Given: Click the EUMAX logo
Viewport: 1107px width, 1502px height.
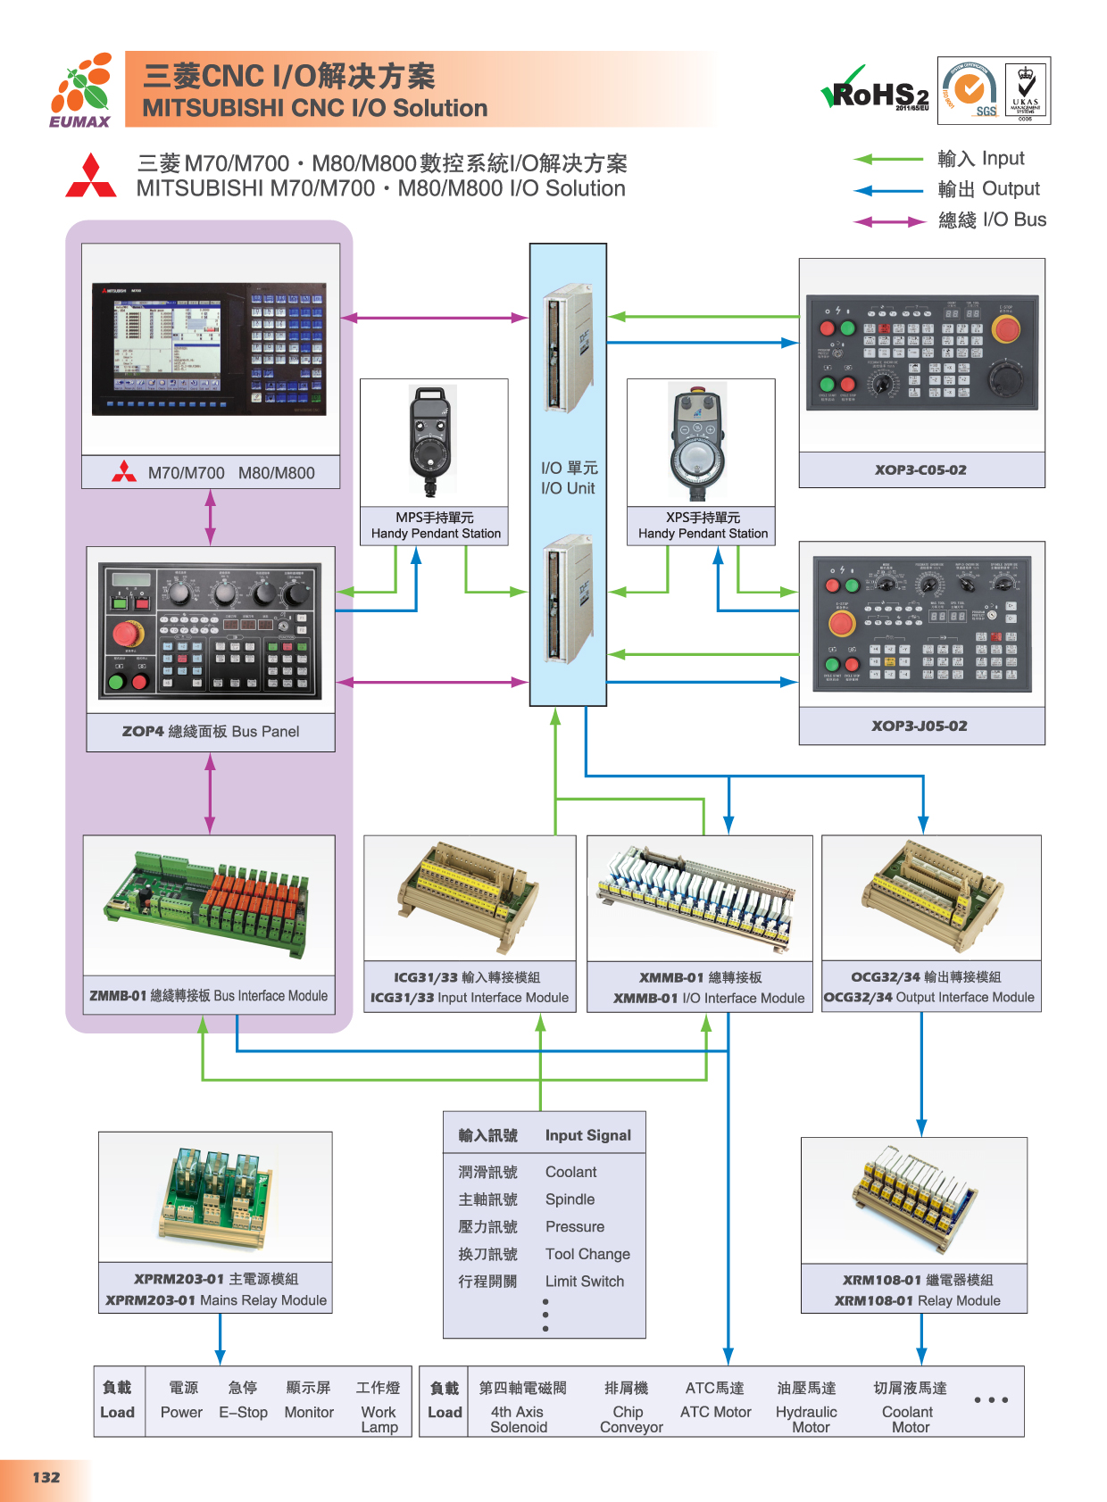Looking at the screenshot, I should tap(81, 90).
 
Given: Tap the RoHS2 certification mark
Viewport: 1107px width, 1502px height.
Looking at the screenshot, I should tap(876, 91).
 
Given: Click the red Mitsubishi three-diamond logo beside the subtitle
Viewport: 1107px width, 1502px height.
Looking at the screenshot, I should tap(91, 176).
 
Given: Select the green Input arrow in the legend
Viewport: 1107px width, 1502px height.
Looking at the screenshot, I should tap(888, 159).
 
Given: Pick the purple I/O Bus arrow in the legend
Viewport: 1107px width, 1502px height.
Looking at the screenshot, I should tap(889, 221).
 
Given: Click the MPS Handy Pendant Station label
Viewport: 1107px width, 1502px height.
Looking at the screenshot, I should tap(435, 526).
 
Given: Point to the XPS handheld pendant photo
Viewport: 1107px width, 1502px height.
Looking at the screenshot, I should tap(698, 442).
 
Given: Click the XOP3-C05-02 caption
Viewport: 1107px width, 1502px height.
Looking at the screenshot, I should tap(920, 470).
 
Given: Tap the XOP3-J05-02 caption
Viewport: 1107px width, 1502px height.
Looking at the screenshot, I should tap(920, 726).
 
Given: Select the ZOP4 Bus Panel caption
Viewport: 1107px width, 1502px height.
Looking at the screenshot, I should tap(211, 732).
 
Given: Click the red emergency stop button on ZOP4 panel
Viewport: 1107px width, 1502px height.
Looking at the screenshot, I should tap(126, 635).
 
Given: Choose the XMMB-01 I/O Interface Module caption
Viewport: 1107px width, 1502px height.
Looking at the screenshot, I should tap(700, 988).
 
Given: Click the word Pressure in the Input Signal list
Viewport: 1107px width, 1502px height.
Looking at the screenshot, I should tap(575, 1227).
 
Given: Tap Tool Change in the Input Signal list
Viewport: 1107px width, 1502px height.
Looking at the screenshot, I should tap(587, 1254).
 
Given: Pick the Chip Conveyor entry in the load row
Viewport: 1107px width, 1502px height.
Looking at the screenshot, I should tap(631, 1419).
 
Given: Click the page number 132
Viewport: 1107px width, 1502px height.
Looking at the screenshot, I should tap(46, 1477).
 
